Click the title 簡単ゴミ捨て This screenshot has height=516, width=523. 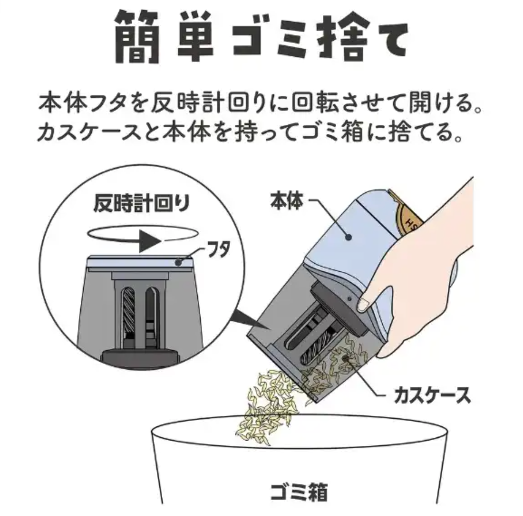point(261,39)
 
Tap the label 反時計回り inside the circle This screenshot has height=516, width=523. point(142,204)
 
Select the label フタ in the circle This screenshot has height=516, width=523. point(219,250)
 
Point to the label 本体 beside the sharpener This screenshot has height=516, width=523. point(287,200)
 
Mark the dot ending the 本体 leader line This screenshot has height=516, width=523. point(349,237)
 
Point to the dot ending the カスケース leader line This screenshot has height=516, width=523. point(346,359)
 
